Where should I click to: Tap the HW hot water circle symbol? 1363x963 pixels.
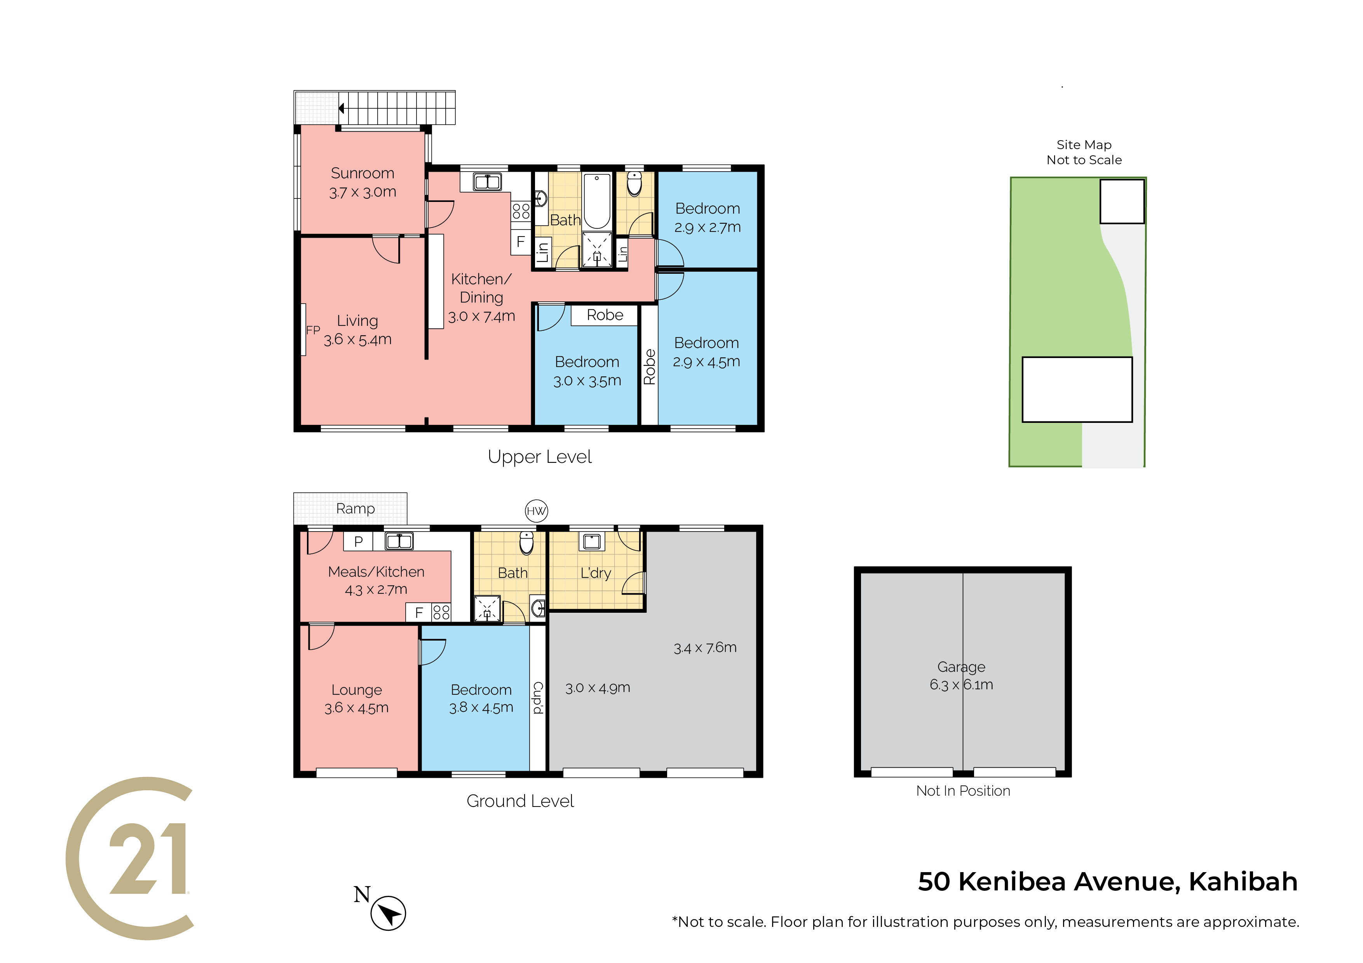click(x=536, y=511)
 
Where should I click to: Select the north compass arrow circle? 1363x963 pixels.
click(x=388, y=913)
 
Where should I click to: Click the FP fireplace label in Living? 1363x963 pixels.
click(x=313, y=330)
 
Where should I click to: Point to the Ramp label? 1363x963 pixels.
click(x=355, y=509)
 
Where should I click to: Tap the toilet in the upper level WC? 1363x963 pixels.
click(x=634, y=183)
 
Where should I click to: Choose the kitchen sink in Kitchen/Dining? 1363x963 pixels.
click(x=487, y=181)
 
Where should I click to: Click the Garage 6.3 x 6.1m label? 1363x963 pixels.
click(x=961, y=675)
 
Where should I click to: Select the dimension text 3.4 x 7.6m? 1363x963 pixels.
click(x=705, y=647)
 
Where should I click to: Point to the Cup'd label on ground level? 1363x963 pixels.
click(x=538, y=698)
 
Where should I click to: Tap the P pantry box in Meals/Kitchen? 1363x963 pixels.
click(x=358, y=541)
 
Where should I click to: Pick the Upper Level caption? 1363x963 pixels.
click(x=540, y=457)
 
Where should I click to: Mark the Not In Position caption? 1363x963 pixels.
click(x=963, y=791)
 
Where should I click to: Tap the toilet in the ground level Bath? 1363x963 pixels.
click(x=526, y=542)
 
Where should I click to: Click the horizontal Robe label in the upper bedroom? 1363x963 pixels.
click(x=605, y=315)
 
